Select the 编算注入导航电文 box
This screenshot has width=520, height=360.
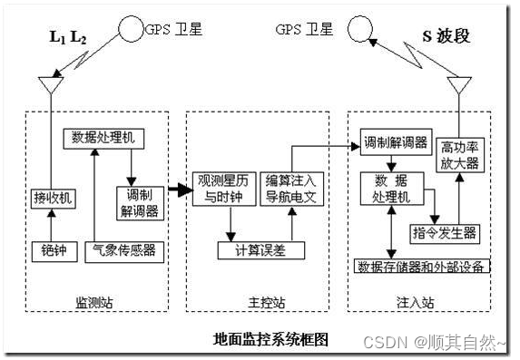[289, 188]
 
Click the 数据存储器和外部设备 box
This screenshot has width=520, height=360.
[422, 266]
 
